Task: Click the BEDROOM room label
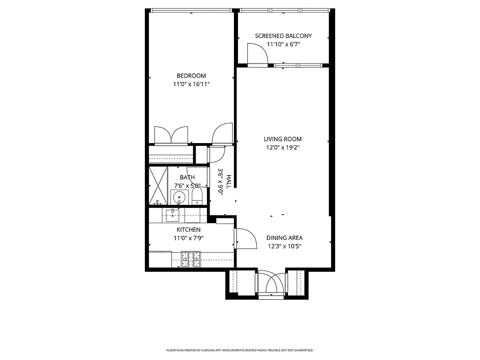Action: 191,76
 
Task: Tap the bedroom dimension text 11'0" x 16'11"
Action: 191,84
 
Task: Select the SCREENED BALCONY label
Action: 283,36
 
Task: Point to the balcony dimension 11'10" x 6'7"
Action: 283,45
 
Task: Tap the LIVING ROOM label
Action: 283,139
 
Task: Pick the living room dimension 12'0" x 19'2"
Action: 283,148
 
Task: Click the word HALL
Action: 229,181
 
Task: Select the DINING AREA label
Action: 284,238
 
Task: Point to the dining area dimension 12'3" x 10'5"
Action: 284,246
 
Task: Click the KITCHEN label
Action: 188,229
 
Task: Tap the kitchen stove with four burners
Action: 191,259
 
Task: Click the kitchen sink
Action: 172,215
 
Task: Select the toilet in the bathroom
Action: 197,196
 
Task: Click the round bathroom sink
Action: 179,197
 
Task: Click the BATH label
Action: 187,177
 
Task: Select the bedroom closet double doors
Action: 171,135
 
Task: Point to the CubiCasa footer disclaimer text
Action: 240,350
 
